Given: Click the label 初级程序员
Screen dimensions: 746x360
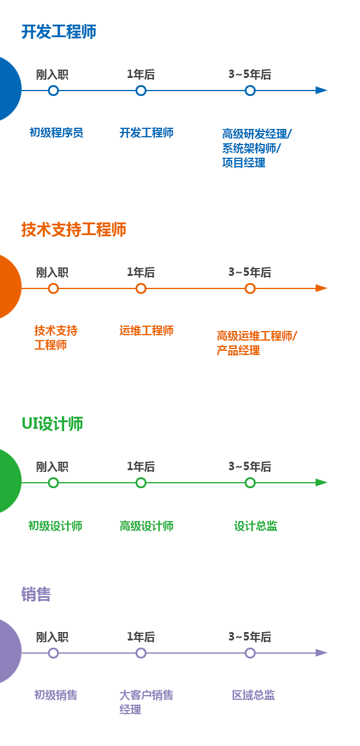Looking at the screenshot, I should coord(56,133).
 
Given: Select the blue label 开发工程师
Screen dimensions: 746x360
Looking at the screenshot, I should coord(146,133).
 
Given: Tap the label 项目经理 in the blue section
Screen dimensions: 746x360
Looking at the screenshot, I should coord(244,163).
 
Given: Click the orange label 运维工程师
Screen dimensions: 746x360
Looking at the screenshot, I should coord(146,330).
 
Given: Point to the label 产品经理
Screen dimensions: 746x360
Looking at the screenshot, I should coord(238,350).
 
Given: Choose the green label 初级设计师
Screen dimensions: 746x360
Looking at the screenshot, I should coord(55,526).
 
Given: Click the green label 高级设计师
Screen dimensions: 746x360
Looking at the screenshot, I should coord(146,526).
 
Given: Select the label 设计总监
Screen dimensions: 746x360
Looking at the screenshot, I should coord(256,526).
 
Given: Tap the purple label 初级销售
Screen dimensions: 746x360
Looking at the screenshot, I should coord(56,695).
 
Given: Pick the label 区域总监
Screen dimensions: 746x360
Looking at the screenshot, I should coord(253,695).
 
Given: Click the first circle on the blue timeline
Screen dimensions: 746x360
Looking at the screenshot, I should coord(53,91).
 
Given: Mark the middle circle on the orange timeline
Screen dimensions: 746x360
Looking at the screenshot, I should coord(141,288).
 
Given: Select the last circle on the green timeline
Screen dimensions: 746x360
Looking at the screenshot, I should coord(250,483).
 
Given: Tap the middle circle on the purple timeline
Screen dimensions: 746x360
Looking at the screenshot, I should coord(141,653).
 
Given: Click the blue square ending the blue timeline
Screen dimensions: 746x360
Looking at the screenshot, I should coord(321,91).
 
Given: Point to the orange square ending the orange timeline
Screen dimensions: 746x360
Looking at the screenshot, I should coord(321,288).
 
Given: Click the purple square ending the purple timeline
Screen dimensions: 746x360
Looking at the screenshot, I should coord(321,653).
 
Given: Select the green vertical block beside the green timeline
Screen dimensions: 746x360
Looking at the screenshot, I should coord(10,481).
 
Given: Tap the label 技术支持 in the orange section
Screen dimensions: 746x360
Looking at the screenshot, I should coord(56,330).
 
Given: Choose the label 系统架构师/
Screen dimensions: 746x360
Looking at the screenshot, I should coord(251,148).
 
